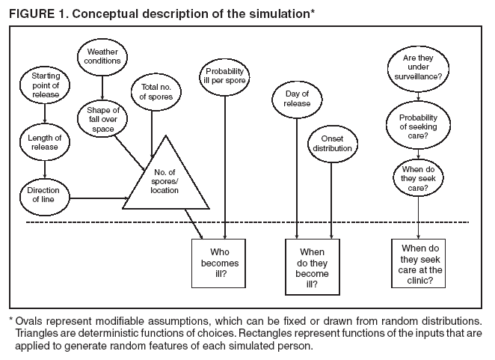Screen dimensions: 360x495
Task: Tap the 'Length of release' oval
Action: tap(46, 141)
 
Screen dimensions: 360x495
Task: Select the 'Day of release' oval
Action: tap(298, 100)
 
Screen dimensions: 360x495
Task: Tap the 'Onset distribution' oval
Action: tap(331, 142)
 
